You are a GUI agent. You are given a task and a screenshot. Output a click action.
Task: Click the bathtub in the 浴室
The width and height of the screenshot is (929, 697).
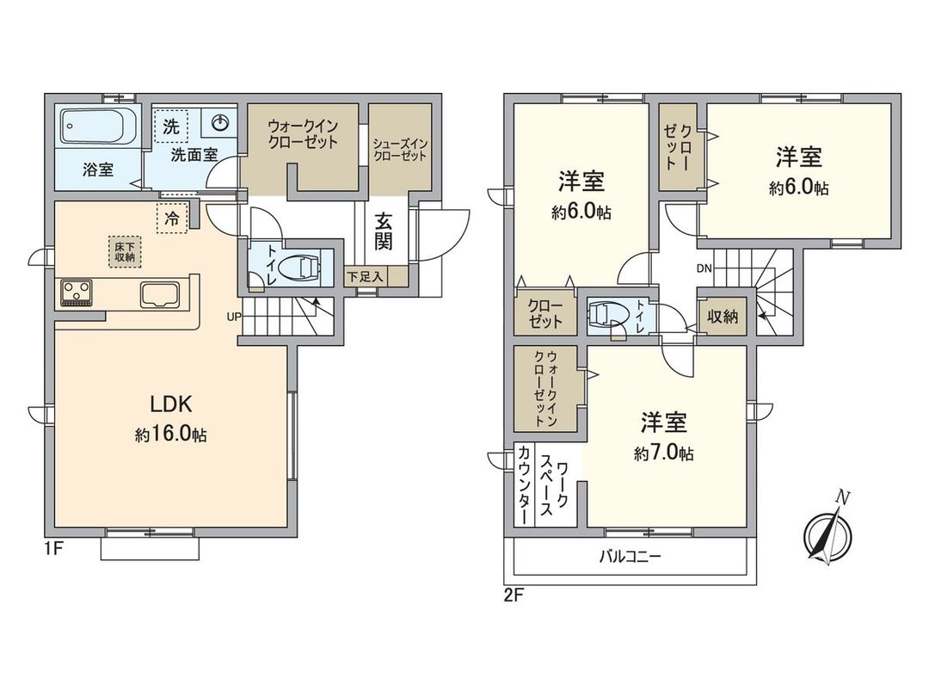(x=97, y=129)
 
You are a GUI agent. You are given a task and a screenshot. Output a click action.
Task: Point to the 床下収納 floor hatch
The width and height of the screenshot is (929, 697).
(x=125, y=251)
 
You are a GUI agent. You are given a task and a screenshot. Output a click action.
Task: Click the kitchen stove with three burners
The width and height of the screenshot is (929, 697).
(x=77, y=293)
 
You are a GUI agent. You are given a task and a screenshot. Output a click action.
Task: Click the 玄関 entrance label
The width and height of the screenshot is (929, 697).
(x=384, y=230)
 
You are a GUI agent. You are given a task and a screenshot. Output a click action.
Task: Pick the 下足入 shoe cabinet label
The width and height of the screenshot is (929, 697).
(x=366, y=276)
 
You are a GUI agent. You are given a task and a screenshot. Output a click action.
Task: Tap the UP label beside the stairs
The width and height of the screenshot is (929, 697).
(x=233, y=315)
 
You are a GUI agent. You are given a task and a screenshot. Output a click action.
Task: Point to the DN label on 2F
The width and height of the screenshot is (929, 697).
(x=704, y=268)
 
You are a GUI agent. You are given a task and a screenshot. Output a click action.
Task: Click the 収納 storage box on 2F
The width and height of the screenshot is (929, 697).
(x=723, y=316)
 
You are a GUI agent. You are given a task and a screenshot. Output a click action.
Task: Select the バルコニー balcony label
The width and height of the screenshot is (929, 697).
(x=630, y=557)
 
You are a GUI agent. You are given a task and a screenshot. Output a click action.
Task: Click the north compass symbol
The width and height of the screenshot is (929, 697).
(x=827, y=533)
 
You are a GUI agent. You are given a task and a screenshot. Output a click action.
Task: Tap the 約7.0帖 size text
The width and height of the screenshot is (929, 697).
(x=664, y=453)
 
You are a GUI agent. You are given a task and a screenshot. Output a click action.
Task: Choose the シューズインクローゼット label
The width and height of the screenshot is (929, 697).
(x=400, y=150)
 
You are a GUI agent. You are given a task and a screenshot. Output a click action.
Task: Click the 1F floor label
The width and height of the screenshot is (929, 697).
(x=53, y=548)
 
